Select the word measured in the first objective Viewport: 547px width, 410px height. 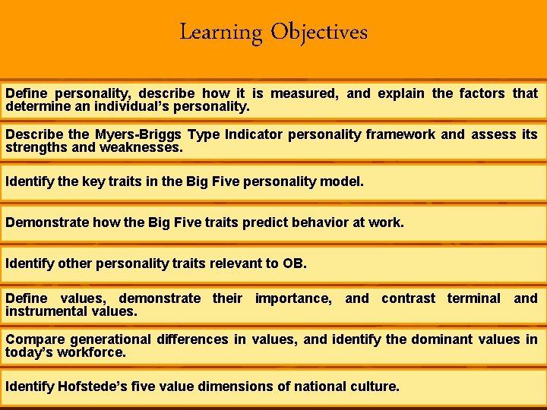[301, 93]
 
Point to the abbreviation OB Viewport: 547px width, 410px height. [292, 264]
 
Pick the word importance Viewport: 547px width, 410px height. [292, 298]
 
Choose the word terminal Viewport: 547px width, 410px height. [473, 298]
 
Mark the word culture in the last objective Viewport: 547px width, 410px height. [372, 386]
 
